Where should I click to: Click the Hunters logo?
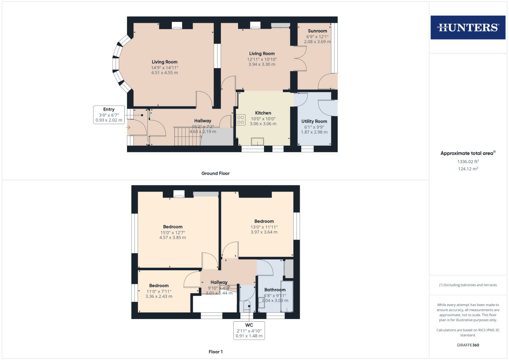(468, 27)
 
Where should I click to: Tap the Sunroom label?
(317, 31)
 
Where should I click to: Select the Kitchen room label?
(263, 113)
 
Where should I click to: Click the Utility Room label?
(314, 121)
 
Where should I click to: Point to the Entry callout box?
(109, 115)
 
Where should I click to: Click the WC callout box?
(249, 330)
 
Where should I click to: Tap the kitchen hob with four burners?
(241, 120)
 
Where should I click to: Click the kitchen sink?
(257, 142)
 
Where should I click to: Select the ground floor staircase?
(187, 136)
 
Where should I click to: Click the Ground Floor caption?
(215, 173)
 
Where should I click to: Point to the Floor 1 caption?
(215, 352)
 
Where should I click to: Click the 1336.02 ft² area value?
(468, 161)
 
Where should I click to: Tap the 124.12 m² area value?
(468, 169)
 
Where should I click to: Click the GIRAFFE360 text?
(468, 345)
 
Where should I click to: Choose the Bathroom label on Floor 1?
(275, 290)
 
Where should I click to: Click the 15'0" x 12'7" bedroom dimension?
(173, 233)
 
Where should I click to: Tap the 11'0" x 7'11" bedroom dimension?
(159, 291)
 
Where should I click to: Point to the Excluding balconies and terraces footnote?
(468, 285)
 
